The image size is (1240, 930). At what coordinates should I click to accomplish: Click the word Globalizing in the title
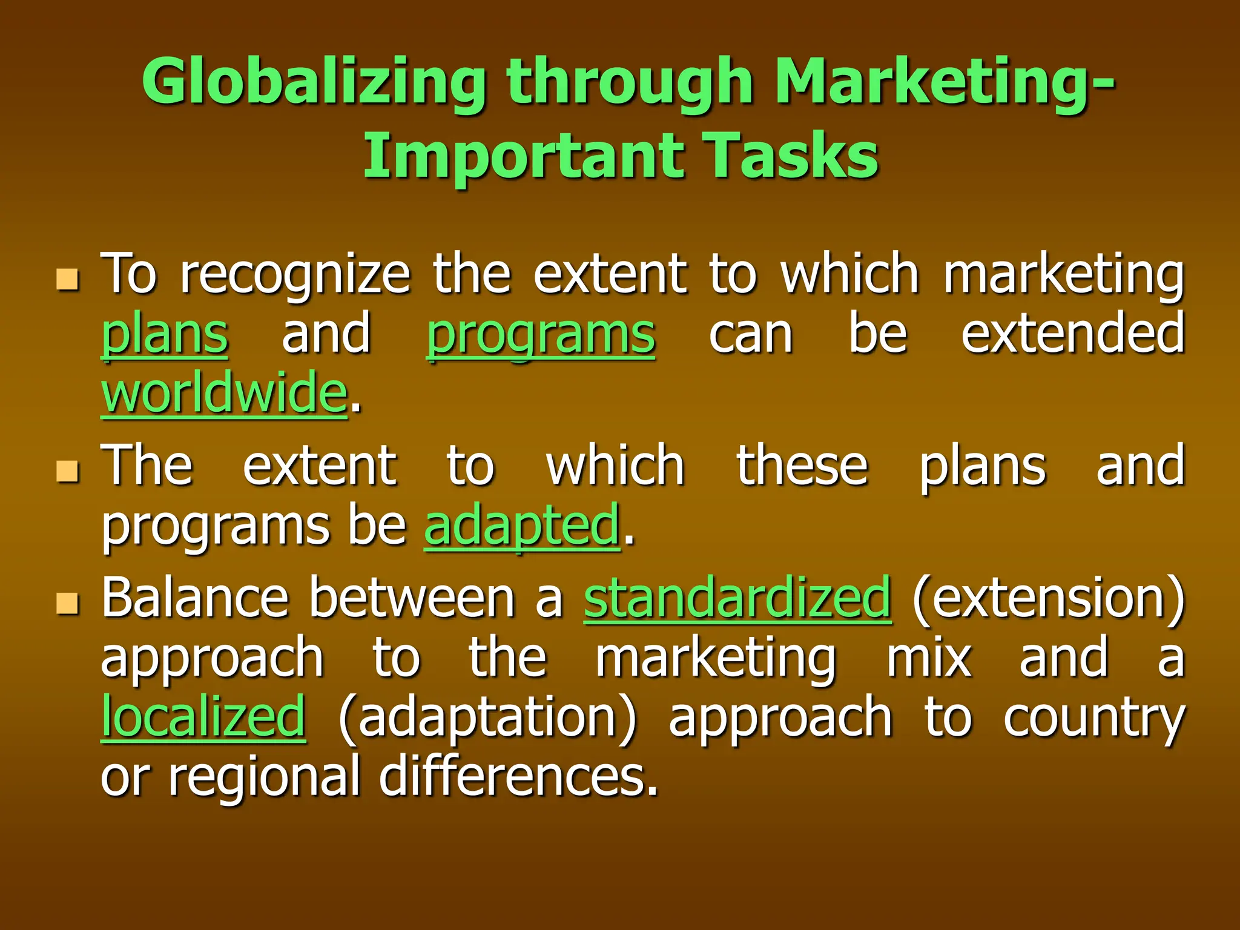[314, 82]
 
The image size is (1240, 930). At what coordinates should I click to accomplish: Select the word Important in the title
[522, 156]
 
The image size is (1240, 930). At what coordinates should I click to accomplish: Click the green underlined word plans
[164, 335]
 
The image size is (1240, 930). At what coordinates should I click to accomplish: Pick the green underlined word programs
[541, 335]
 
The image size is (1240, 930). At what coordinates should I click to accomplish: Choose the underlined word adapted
[522, 526]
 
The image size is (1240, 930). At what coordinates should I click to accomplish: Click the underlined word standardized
[737, 598]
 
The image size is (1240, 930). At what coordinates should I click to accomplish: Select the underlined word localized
[203, 717]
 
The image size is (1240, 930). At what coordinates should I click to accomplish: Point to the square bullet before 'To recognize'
[67, 279]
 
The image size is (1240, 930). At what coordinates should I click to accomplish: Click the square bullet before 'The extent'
[67, 470]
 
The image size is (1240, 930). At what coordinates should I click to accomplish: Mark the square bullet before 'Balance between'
[67, 603]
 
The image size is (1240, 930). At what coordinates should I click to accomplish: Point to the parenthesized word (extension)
[1048, 598]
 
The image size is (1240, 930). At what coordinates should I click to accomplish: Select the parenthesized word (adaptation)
[487, 717]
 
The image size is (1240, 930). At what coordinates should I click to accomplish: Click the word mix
[929, 658]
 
